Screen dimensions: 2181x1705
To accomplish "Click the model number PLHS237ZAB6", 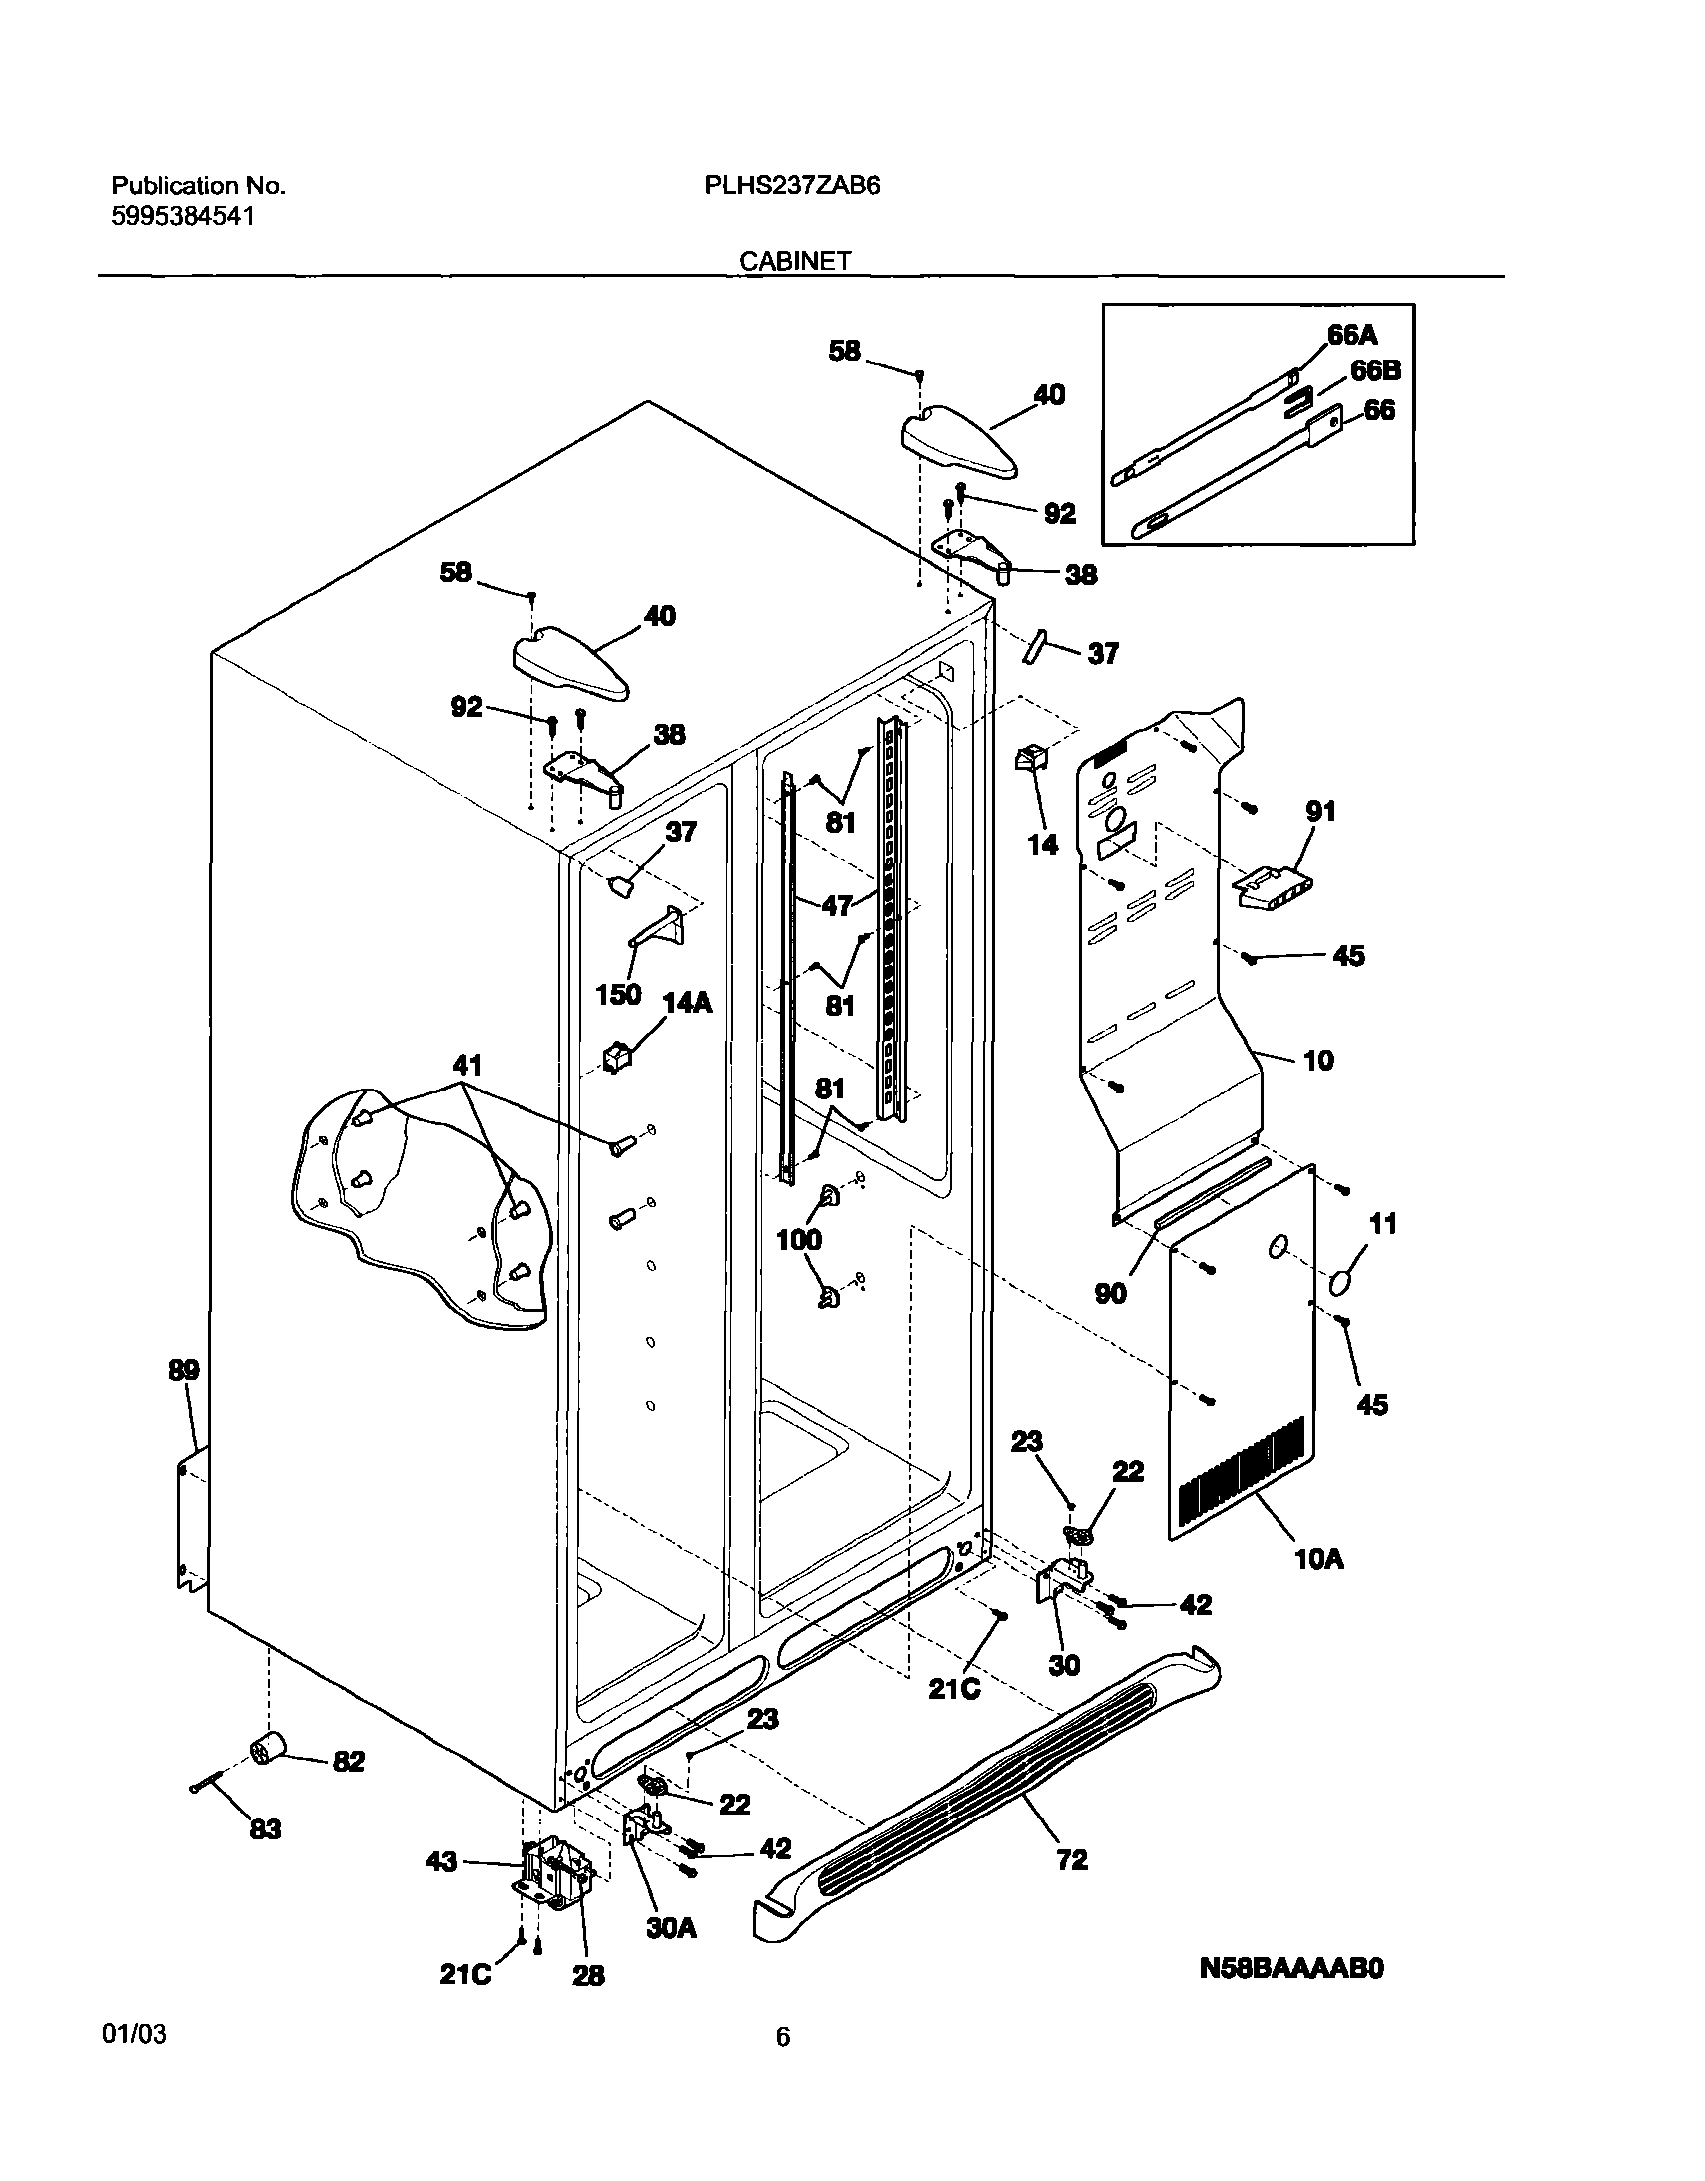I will (x=792, y=186).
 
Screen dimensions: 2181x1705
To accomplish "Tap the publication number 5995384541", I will (x=182, y=216).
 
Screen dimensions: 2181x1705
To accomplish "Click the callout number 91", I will (x=1320, y=812).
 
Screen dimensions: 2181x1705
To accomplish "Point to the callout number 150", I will (x=617, y=995).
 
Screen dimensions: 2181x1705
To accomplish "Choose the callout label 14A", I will (x=687, y=1003).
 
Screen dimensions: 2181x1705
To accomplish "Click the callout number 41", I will (x=467, y=1066).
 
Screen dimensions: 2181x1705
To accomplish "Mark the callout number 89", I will (x=184, y=1371).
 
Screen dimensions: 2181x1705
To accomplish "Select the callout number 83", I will (x=265, y=1829).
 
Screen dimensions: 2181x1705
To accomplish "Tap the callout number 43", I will (x=441, y=1862).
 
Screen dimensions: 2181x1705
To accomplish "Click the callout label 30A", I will (x=671, y=1928).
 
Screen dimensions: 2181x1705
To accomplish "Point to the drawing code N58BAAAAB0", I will (x=1291, y=1967).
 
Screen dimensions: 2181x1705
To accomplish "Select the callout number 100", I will (x=799, y=1240).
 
